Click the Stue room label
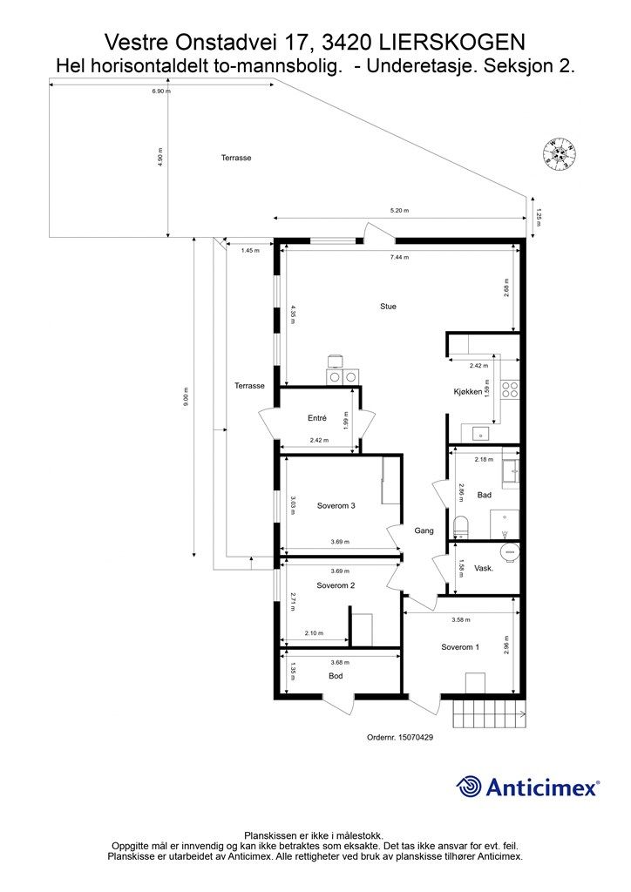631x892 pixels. (x=388, y=306)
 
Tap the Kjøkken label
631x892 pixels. (x=468, y=392)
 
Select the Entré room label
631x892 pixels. (x=317, y=419)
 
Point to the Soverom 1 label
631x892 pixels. (x=459, y=646)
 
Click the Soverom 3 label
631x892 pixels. (x=336, y=505)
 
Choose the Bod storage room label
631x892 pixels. (x=336, y=676)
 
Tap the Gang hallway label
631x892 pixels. (x=424, y=530)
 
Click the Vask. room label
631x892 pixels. (x=484, y=568)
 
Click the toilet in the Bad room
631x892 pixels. (x=462, y=524)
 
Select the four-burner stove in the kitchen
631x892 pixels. (x=510, y=389)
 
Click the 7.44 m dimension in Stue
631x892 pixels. (x=400, y=258)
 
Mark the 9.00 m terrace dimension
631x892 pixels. (x=185, y=397)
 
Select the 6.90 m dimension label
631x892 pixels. (x=161, y=91)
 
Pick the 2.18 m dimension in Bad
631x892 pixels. (x=485, y=459)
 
